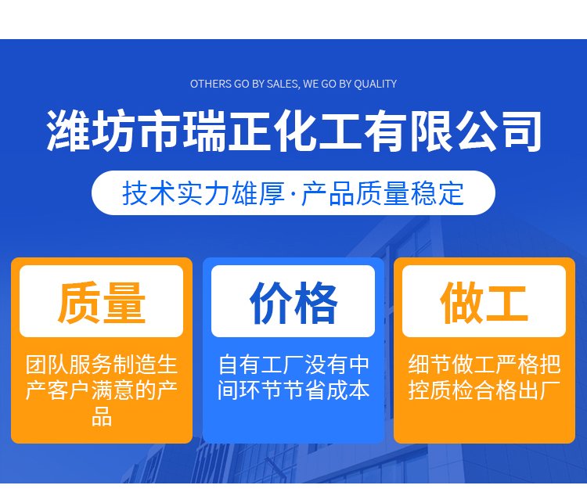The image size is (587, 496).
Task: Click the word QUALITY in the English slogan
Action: (376, 84)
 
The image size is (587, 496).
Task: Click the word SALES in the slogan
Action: (283, 84)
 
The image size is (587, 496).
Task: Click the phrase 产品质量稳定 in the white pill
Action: (383, 193)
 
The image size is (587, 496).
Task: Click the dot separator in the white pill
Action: (293, 194)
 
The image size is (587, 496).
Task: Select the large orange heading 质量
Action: (102, 303)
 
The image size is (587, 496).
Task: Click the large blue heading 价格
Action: (293, 303)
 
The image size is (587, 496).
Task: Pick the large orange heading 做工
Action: (484, 303)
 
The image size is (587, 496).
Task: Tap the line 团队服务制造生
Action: (102, 365)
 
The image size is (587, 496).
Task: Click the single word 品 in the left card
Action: (102, 416)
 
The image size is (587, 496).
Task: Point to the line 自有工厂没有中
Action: (293, 365)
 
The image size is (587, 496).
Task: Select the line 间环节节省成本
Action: (293, 390)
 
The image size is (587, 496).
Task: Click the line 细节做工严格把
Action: (484, 365)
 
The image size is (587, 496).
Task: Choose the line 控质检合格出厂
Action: (484, 390)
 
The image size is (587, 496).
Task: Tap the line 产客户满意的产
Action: (102, 390)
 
